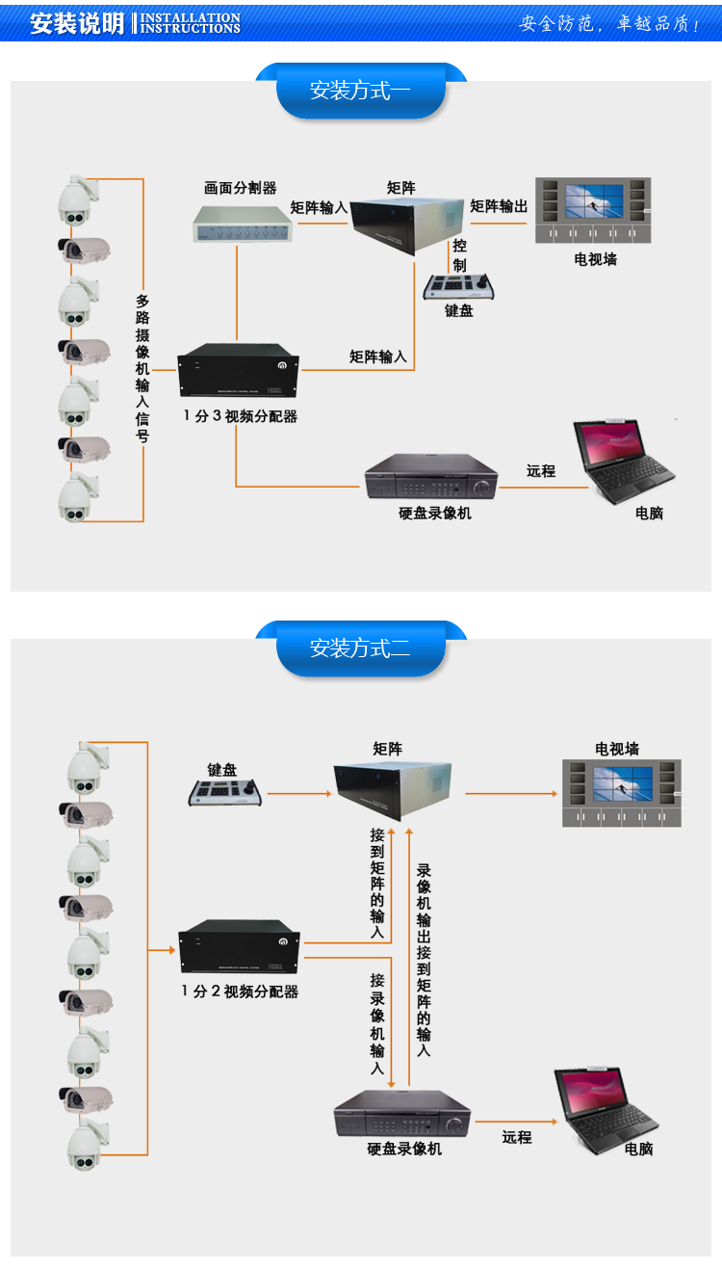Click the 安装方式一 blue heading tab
click(x=360, y=92)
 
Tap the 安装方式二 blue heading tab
click(x=360, y=648)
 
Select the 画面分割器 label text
click(x=240, y=189)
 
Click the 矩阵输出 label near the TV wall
click(x=499, y=206)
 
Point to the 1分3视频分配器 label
click(x=240, y=416)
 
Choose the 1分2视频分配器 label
click(x=240, y=991)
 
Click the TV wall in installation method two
click(x=622, y=792)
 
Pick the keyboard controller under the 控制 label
click(x=459, y=286)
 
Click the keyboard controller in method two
click(x=226, y=792)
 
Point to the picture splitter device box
click(x=244, y=223)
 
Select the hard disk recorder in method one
click(x=431, y=476)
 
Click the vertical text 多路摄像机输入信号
click(x=142, y=368)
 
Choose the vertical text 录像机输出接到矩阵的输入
click(x=424, y=959)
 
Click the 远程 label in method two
click(x=517, y=1137)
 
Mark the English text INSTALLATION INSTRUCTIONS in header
click(x=191, y=23)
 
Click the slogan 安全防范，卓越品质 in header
click(x=609, y=24)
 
